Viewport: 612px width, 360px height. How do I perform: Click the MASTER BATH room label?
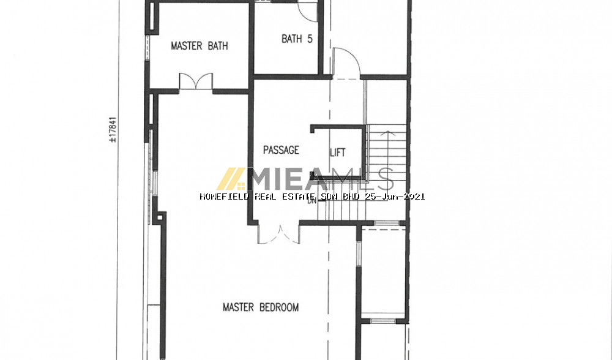199,46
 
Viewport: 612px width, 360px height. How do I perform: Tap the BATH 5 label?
297,39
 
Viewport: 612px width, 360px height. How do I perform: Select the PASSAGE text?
281,150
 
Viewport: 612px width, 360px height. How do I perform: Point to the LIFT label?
338,152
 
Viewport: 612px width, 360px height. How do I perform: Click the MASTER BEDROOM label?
261,307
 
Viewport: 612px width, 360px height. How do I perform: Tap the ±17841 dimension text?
113,129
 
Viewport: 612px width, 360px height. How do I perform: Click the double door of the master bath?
196,81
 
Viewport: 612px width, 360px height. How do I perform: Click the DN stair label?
312,201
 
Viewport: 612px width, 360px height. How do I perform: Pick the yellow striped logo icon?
231,179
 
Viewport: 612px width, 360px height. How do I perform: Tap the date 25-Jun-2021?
395,197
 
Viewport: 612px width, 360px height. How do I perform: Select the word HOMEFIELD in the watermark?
224,197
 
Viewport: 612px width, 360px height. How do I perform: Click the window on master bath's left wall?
147,47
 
